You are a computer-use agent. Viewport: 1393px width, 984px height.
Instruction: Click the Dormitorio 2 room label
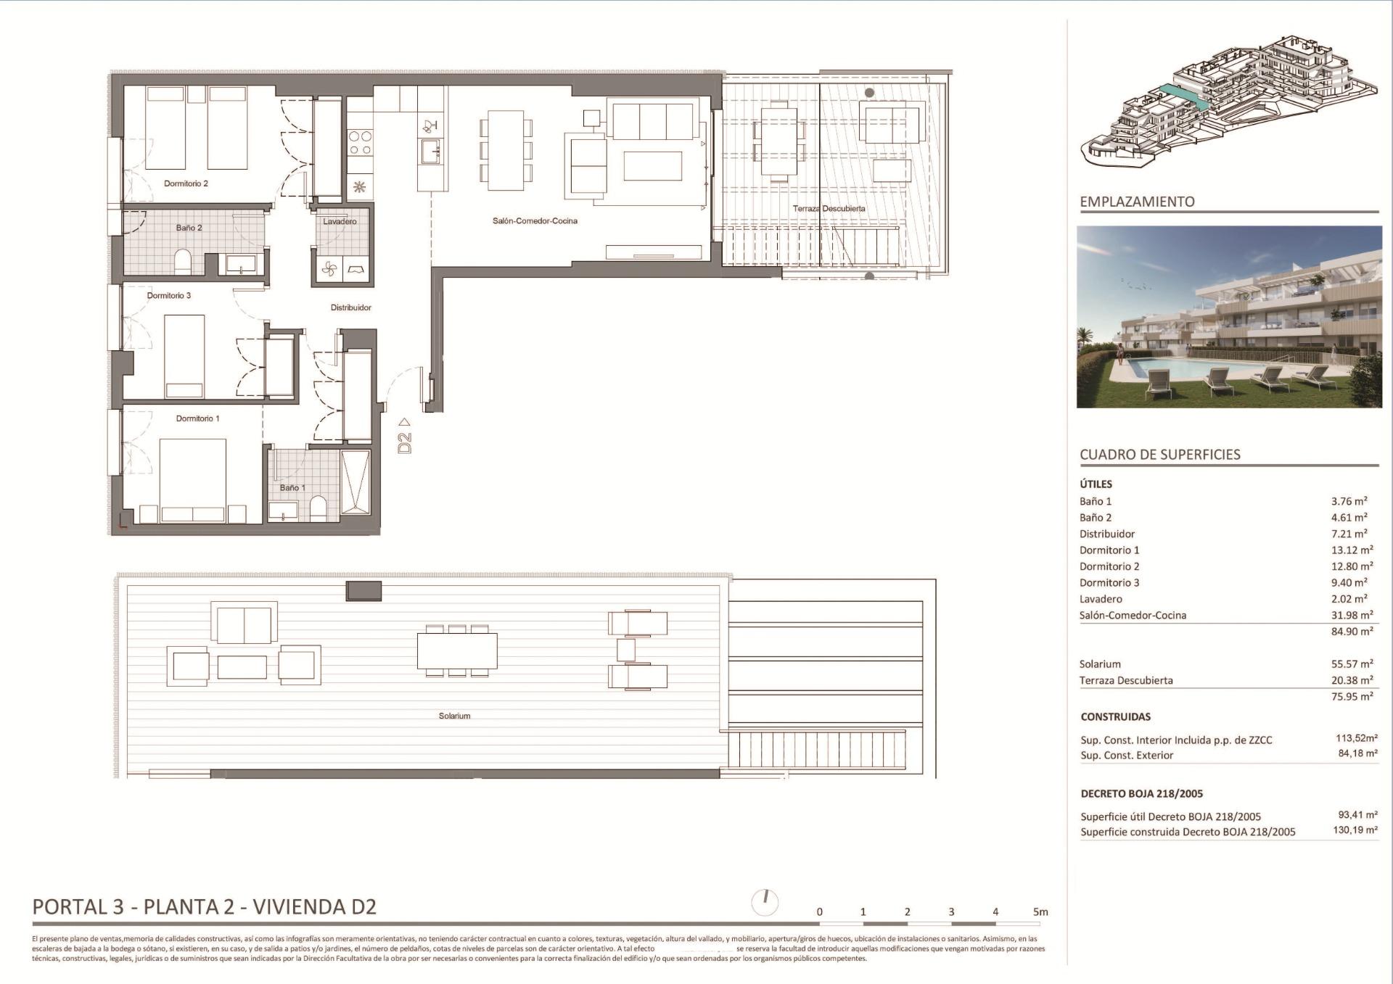pos(186,183)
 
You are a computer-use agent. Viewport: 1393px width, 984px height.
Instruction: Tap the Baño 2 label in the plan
pos(189,228)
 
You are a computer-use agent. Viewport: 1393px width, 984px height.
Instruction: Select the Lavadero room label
pos(340,221)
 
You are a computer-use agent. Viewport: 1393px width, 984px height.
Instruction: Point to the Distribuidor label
pos(350,307)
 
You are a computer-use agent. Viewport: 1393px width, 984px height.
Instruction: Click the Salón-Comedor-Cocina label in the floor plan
pos(535,221)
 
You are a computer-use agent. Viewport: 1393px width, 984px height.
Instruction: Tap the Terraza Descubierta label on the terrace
pos(829,209)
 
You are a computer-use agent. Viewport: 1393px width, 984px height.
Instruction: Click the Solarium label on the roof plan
pos(454,716)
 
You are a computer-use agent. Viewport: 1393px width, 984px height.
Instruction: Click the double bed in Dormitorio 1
pos(192,479)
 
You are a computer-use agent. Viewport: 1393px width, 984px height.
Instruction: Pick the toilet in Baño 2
pos(183,262)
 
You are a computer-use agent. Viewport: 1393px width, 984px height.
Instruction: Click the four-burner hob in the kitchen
pos(360,142)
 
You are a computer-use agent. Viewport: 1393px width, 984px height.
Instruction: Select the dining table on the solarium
pos(457,650)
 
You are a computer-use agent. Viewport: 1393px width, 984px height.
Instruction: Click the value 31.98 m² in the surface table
pos(1352,615)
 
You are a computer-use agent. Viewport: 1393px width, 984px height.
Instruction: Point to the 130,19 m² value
pos(1355,830)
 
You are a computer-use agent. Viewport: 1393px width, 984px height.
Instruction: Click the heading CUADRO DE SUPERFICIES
pos(1159,455)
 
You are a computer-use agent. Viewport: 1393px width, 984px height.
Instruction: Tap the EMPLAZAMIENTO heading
pos(1137,202)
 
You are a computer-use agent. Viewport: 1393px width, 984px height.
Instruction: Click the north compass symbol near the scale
pos(765,902)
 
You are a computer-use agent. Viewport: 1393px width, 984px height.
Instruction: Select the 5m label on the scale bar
pos(1040,911)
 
